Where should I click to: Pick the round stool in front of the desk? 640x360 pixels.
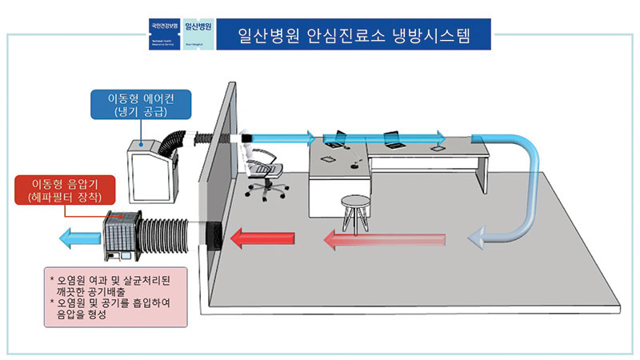tap(354, 210)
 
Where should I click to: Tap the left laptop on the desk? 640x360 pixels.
tap(336, 139)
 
